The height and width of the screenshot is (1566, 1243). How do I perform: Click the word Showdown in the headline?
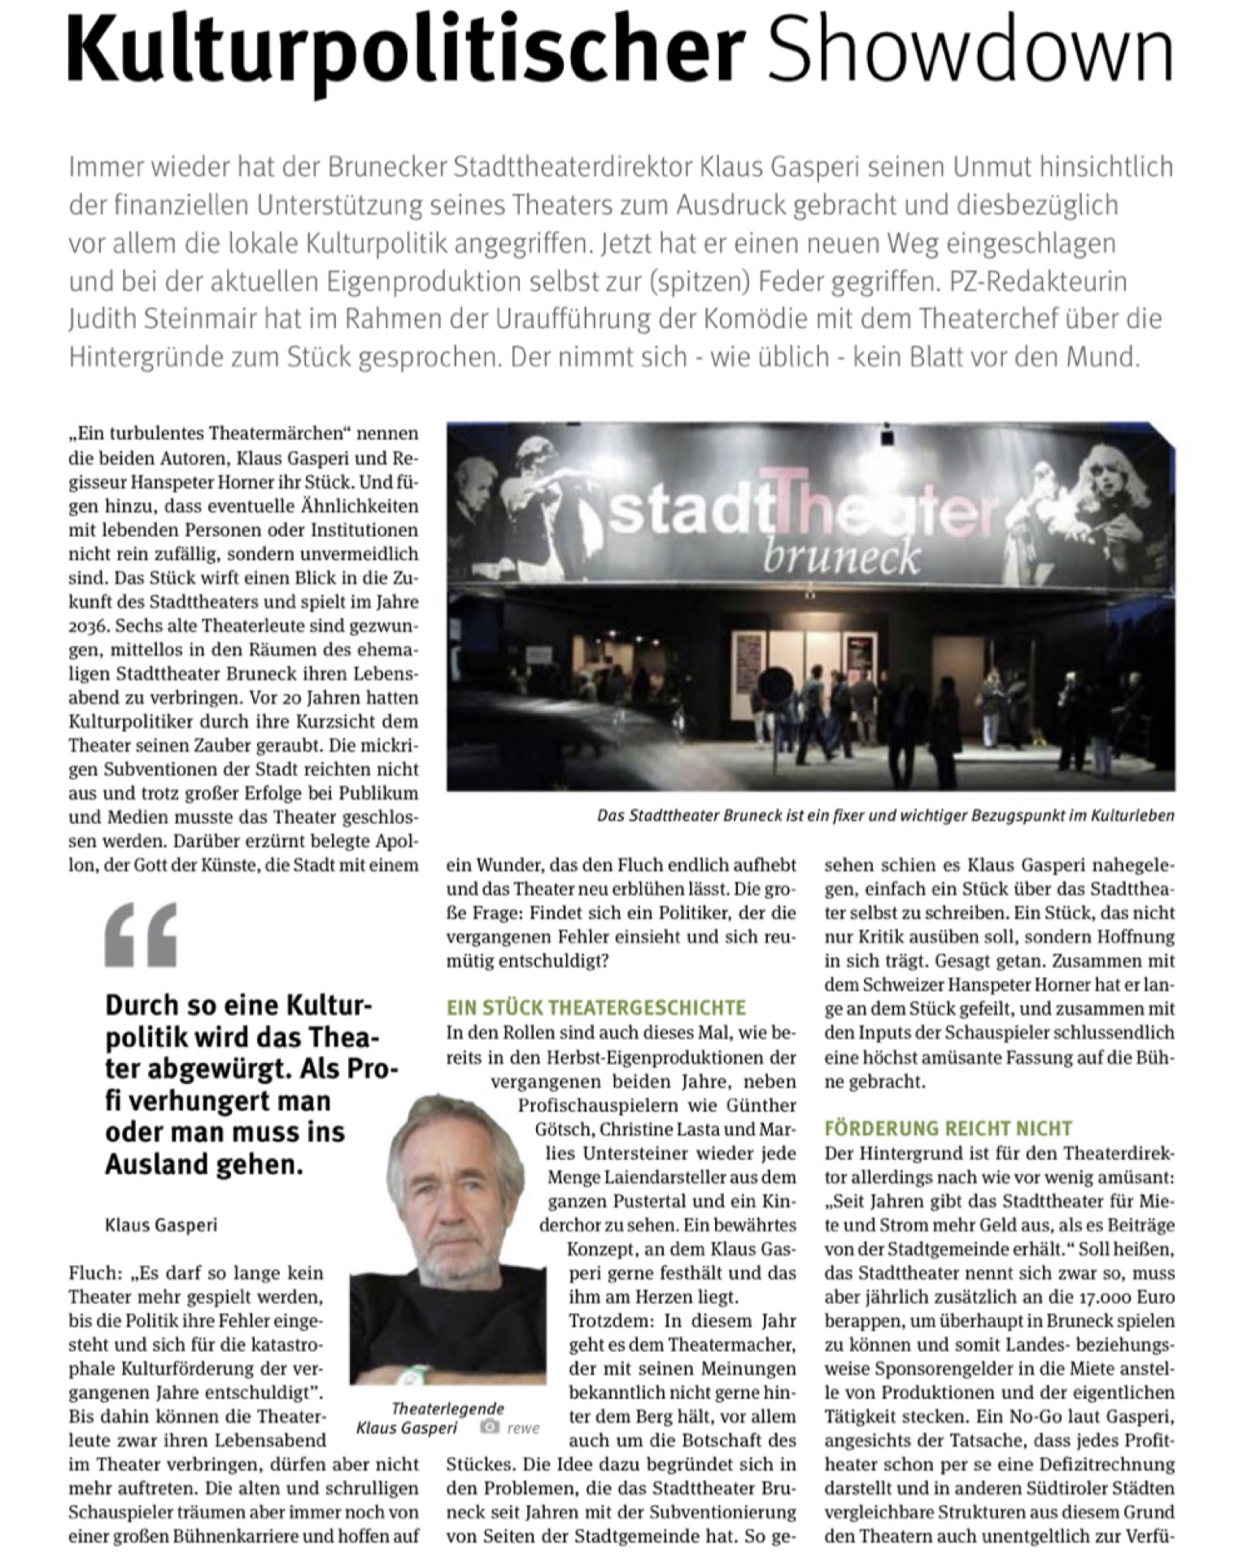pos(970,50)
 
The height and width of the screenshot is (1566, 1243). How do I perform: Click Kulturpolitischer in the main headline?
pos(405,52)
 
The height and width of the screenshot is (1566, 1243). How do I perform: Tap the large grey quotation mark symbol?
pos(141,935)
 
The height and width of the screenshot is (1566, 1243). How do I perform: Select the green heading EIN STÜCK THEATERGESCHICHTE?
pos(595,1008)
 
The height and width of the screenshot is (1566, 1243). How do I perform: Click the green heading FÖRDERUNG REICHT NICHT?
pos(948,1128)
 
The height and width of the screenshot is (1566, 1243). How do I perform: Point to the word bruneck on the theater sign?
pos(841,557)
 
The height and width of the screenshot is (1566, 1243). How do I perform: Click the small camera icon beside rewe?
pos(489,1426)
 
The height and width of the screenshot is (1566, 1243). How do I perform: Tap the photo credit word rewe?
pos(523,1428)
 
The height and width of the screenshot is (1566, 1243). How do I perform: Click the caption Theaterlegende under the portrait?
pos(447,1408)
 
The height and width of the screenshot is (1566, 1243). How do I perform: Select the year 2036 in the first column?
pos(87,626)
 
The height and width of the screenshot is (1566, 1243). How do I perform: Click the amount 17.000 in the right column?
pos(1104,1297)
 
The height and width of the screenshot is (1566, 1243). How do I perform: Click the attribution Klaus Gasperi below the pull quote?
pos(161,1224)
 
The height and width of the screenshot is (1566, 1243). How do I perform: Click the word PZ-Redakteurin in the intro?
pos(1038,281)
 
